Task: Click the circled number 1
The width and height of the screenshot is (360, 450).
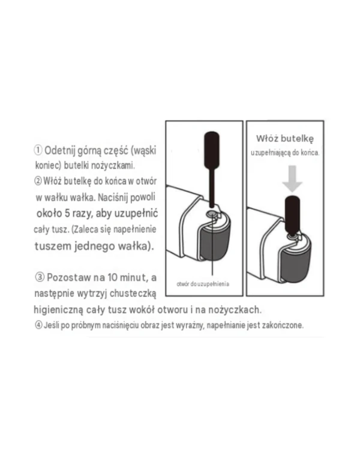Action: pyautogui.click(x=38, y=150)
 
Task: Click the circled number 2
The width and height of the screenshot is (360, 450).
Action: pyautogui.click(x=38, y=181)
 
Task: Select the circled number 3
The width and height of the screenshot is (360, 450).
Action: pyautogui.click(x=40, y=277)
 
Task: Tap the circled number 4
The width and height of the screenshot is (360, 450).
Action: pyautogui.click(x=39, y=325)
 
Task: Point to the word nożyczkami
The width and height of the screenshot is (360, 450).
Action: pyautogui.click(x=113, y=166)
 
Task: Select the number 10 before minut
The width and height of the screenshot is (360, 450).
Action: pyautogui.click(x=113, y=278)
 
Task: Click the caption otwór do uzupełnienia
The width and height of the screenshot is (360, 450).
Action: pyautogui.click(x=203, y=284)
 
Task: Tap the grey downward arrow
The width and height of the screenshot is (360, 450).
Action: pyautogui.click(x=292, y=179)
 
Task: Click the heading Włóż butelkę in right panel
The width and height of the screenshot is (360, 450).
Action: pyautogui.click(x=285, y=139)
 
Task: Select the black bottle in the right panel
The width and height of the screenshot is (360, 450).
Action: pyautogui.click(x=292, y=216)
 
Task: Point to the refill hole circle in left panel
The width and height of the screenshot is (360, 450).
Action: pyautogui.click(x=211, y=214)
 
